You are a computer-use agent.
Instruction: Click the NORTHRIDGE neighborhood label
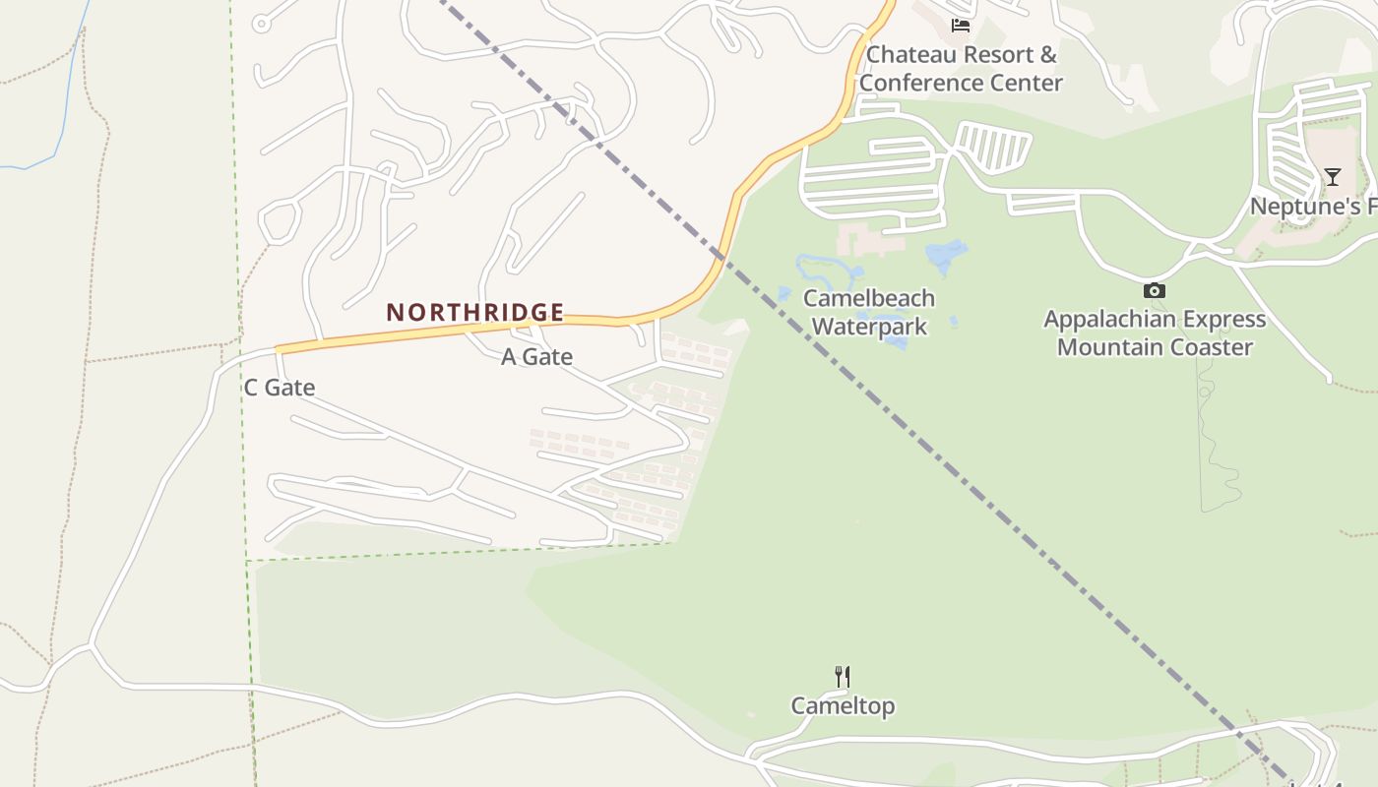coord(474,313)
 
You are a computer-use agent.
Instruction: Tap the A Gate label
coord(536,357)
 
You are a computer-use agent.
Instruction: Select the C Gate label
coord(280,388)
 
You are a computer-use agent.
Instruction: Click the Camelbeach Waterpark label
coord(868,312)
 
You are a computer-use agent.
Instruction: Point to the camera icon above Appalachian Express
coord(1154,290)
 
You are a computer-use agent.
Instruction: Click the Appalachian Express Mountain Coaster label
coord(1154,333)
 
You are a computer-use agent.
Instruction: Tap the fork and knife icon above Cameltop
coord(843,677)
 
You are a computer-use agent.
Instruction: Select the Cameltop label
coord(843,706)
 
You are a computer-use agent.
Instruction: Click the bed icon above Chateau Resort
coord(961,26)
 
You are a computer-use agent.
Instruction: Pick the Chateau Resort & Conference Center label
coord(961,69)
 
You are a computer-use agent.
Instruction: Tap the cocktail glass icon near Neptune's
coord(1332,177)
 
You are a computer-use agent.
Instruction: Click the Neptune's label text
coord(1312,207)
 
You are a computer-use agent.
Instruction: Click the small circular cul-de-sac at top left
coord(261,23)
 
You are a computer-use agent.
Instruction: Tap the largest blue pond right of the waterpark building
coord(946,255)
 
